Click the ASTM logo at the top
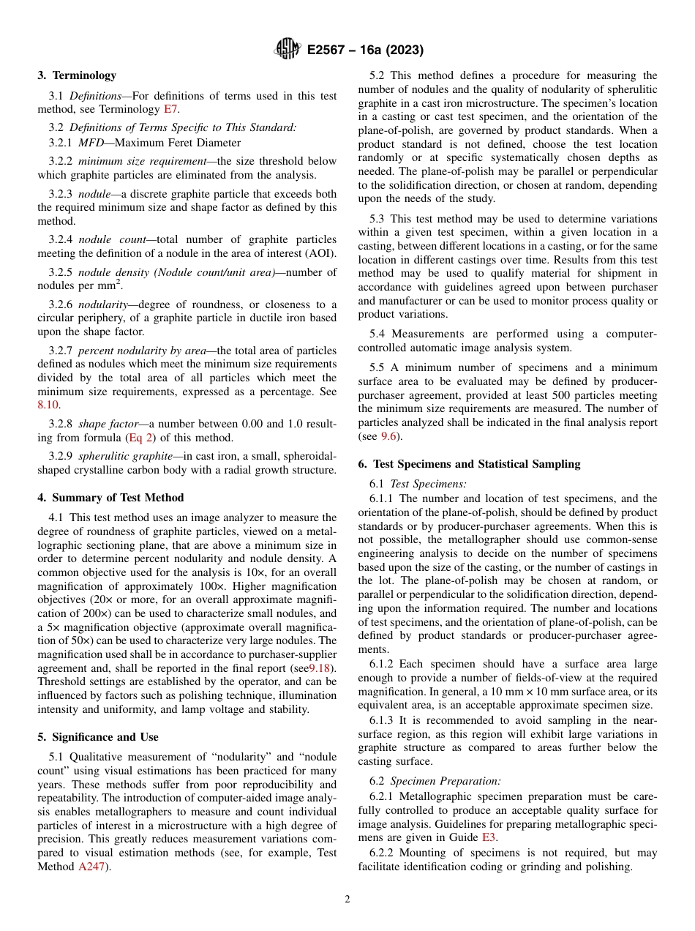(288, 50)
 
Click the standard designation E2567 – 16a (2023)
(365, 51)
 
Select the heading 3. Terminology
(77, 75)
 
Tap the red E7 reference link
(170, 109)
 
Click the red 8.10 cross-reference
(49, 405)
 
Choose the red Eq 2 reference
(139, 438)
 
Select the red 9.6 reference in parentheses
(388, 435)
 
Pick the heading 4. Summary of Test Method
(110, 498)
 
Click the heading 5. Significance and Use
(97, 737)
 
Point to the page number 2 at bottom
(347, 900)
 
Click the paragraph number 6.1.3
(384, 720)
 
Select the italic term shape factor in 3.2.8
(102, 424)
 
